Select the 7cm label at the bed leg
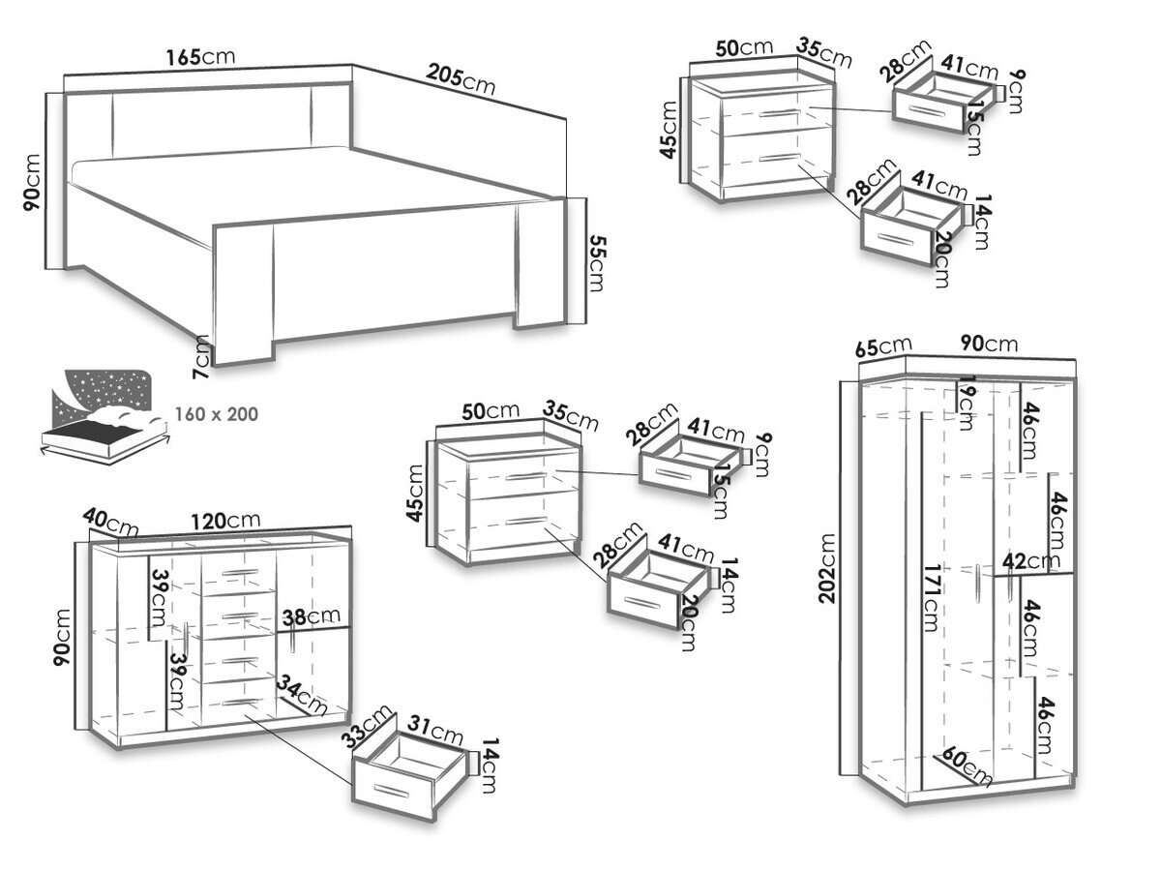200,356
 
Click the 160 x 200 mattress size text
217,413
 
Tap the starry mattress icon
103,410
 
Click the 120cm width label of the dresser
225,520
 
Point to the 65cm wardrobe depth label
882,345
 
